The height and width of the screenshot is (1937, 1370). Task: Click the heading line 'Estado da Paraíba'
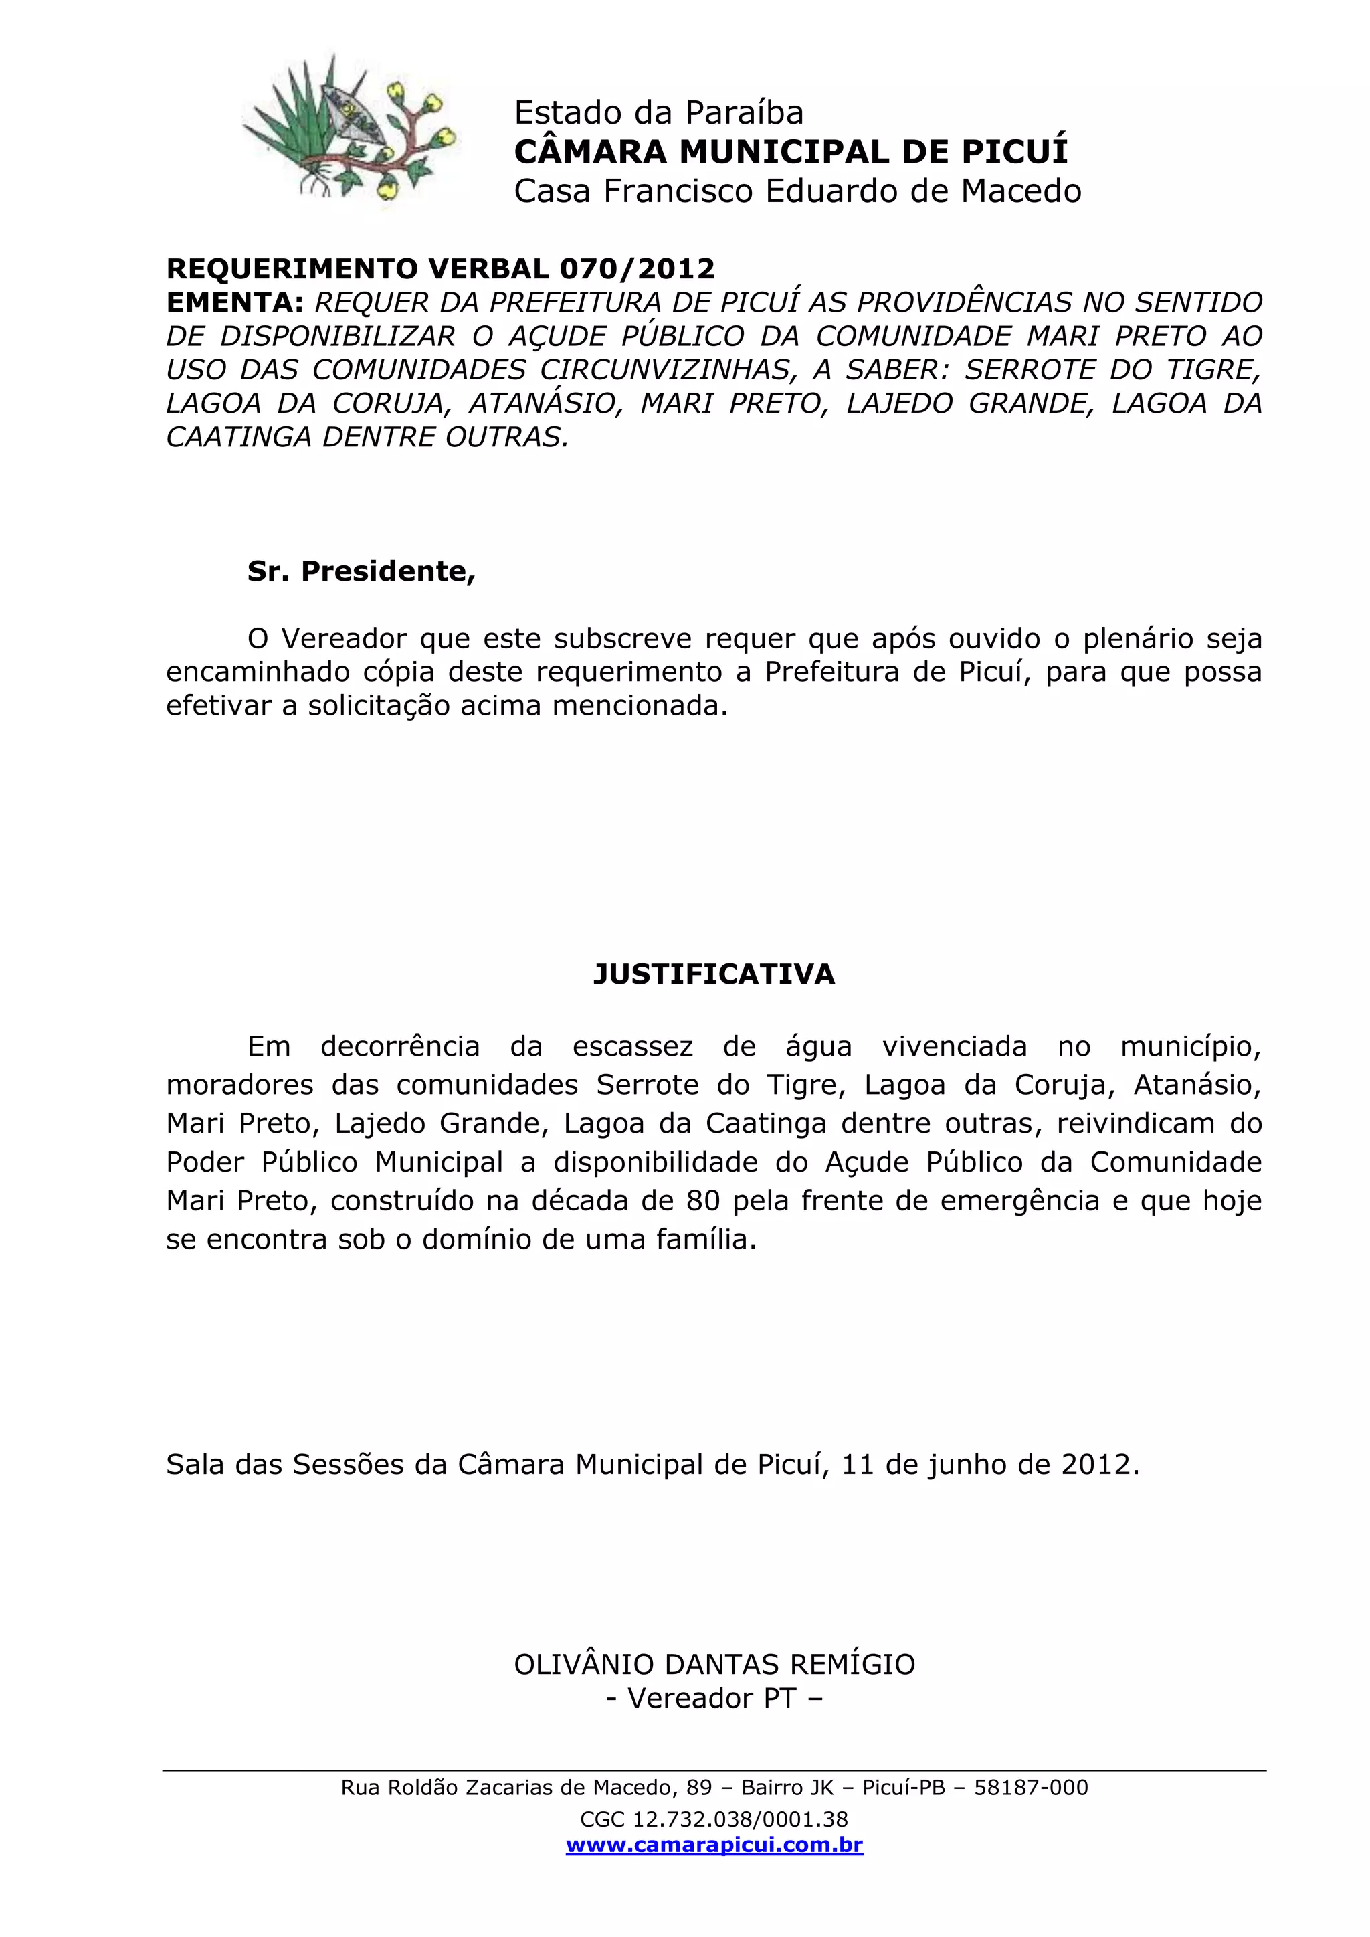[658, 113]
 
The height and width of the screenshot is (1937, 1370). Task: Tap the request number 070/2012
[637, 268]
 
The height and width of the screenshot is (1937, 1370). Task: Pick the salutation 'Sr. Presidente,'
[361, 571]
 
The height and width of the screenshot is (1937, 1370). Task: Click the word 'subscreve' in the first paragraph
[623, 638]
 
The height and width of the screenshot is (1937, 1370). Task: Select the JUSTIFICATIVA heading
[714, 974]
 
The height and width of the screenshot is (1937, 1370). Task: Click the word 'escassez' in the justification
[633, 1047]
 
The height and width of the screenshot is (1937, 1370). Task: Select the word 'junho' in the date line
[967, 1465]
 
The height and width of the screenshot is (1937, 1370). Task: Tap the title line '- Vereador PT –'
[714, 1698]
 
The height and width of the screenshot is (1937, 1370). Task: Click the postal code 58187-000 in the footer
[1031, 1788]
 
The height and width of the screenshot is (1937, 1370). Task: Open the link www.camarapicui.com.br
[714, 1845]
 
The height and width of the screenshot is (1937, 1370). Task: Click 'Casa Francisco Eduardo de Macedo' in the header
[797, 191]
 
